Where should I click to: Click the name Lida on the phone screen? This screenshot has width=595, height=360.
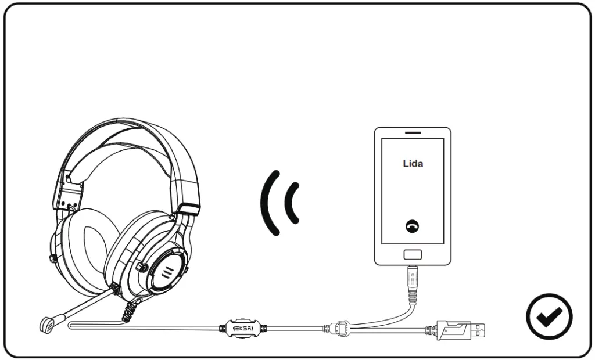[413, 164]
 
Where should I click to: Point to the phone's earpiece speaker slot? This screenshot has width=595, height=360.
[413, 133]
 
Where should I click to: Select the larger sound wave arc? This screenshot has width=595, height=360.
[268, 202]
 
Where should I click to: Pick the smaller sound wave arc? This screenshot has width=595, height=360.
[293, 203]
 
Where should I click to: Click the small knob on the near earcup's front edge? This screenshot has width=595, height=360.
[139, 268]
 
